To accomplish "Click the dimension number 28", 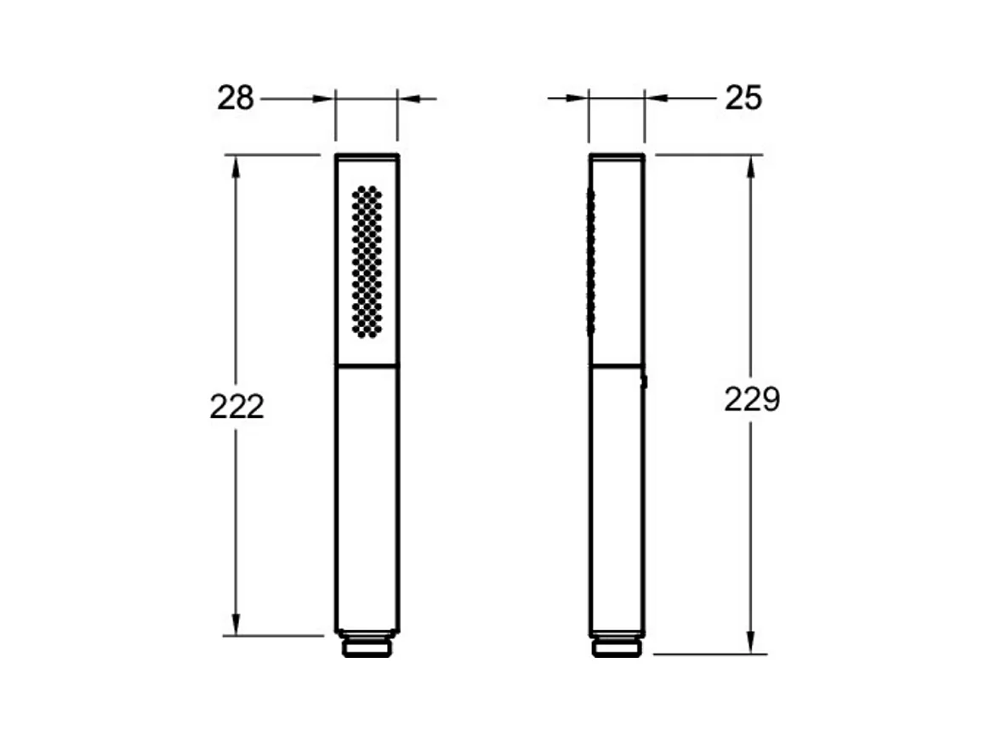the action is coord(235,98).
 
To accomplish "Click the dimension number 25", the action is coord(743,98).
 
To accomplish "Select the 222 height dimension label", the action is coord(236,406).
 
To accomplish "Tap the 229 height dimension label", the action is coord(752,399).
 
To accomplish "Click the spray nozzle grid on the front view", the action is coord(367,261).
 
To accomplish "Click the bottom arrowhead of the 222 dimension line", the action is coord(236,624).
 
